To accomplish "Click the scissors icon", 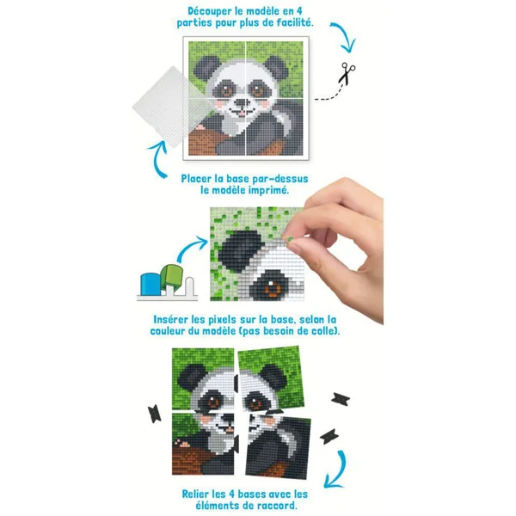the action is coord(347,73).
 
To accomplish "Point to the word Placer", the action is coord(196,179).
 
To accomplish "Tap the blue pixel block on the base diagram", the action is coord(150,284).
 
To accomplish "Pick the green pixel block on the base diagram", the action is coord(172,276).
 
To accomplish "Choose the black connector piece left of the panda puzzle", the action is coord(154,414).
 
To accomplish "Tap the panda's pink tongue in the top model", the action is coord(242,114).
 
